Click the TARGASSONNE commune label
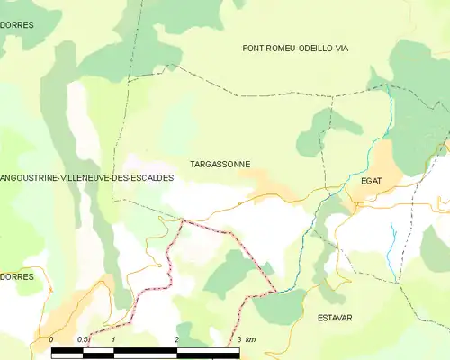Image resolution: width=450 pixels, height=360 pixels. coord(220,165)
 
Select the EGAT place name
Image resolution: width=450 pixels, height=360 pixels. coord(371,181)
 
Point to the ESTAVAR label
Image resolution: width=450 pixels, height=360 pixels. coord(335,318)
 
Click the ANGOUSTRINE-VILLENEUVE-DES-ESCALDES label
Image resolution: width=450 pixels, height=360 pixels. coord(86,178)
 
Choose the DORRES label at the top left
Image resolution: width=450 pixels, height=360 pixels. coord(17,25)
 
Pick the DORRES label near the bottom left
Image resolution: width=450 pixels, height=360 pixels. coord(17,276)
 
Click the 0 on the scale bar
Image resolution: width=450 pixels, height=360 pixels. coord(52,339)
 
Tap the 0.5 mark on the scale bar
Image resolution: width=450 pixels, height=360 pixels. coord(83,339)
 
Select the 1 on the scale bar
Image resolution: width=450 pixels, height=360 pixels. coord(114,339)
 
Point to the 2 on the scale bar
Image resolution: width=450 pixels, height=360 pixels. coord(177,339)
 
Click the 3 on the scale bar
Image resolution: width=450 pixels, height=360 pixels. coord(239,339)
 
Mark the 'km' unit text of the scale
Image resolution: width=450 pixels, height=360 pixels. coord(251,339)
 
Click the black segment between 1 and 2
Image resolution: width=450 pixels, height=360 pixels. coord(146,349)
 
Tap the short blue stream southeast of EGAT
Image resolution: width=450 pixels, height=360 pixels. coord(393,241)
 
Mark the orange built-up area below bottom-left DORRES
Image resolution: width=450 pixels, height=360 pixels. coord(67,315)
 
